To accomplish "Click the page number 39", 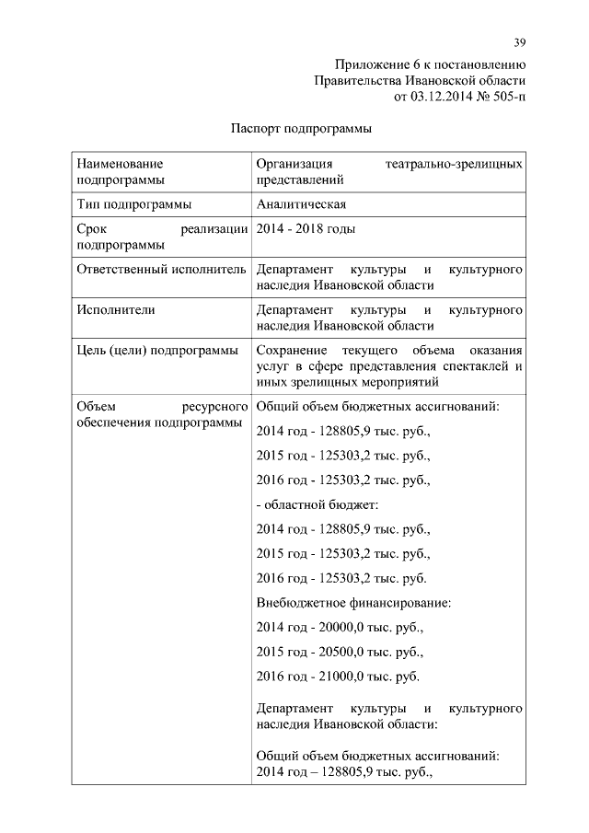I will coord(519,43).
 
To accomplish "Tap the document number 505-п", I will coord(502,96).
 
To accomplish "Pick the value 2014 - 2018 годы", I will coord(306,229).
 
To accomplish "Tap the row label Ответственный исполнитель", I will coord(161,270).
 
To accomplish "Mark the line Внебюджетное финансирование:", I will coord(352,604).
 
